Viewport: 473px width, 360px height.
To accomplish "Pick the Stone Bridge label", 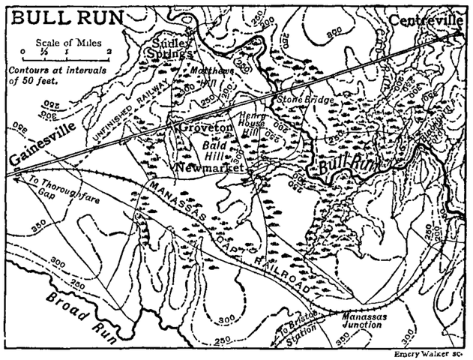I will (301, 99).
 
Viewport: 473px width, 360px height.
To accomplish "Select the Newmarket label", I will (210, 168).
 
